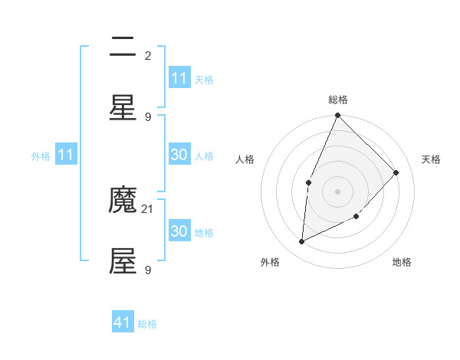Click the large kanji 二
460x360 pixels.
pyautogui.click(x=123, y=47)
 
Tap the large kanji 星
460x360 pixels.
pyautogui.click(x=123, y=108)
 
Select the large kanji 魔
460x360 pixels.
pyautogui.click(x=123, y=201)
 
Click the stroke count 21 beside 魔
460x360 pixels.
pyautogui.click(x=148, y=208)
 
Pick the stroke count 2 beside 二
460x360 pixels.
pyautogui.click(x=148, y=55)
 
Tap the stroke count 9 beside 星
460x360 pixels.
pyautogui.click(x=148, y=116)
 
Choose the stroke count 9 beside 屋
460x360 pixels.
pyautogui.click(x=148, y=270)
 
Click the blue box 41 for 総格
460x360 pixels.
pyautogui.click(x=123, y=322)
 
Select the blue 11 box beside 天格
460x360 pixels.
pyautogui.click(x=179, y=78)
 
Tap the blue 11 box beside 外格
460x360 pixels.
pyautogui.click(x=65, y=155)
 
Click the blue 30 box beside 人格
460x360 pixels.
pyautogui.click(x=179, y=155)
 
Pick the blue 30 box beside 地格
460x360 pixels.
pyautogui.click(x=179, y=231)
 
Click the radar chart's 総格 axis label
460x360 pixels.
pyautogui.click(x=338, y=100)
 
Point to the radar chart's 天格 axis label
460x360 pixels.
pyautogui.click(x=431, y=159)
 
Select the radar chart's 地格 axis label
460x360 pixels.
pyautogui.click(x=402, y=262)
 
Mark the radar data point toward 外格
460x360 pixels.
pyautogui.click(x=302, y=242)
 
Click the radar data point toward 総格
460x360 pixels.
pyautogui.click(x=337, y=116)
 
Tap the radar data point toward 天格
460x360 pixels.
pyautogui.click(x=396, y=172)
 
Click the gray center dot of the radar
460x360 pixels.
pyautogui.click(x=337, y=191)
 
